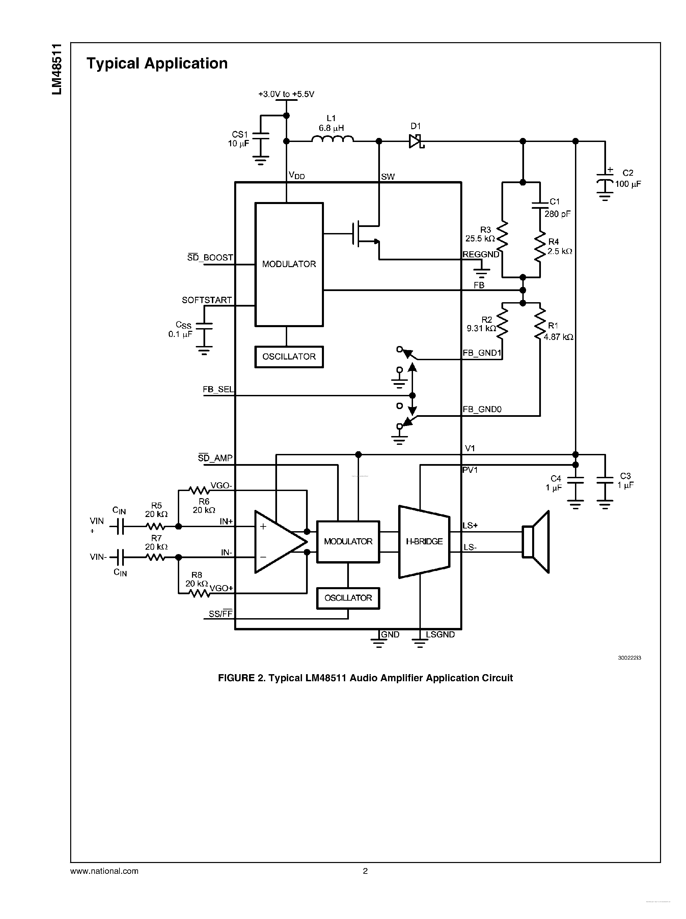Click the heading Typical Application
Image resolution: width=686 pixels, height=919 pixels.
click(157, 63)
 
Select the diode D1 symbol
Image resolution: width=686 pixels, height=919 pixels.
click(415, 141)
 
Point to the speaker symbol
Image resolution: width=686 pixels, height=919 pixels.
click(536, 542)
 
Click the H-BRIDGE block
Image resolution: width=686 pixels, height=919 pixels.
click(424, 541)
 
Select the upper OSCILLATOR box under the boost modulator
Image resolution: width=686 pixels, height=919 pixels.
click(289, 356)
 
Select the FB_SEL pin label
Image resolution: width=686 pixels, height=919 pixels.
click(218, 389)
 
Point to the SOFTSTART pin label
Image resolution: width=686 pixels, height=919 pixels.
click(207, 300)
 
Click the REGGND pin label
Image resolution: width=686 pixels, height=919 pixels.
click(481, 254)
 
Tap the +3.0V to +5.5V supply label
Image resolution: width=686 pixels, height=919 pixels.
click(286, 94)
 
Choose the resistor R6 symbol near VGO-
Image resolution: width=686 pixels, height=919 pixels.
click(198, 491)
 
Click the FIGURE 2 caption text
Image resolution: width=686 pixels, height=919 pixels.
click(365, 678)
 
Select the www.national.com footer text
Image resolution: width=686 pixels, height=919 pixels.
click(104, 871)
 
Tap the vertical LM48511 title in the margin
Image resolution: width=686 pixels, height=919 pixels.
click(57, 69)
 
